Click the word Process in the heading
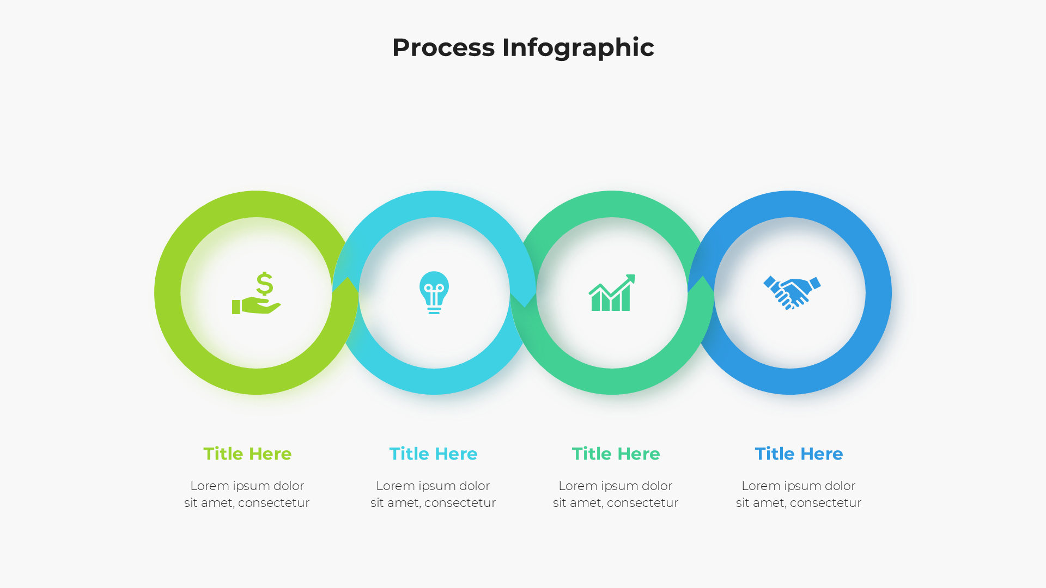pyautogui.click(x=443, y=48)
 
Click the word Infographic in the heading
pyautogui.click(x=577, y=48)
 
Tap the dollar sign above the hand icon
pyautogui.click(x=265, y=284)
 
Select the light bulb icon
pyautogui.click(x=434, y=292)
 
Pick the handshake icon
pyautogui.click(x=792, y=292)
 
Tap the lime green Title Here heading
pyautogui.click(x=247, y=454)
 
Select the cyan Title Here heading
pyautogui.click(x=433, y=454)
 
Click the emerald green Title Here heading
pyautogui.click(x=616, y=454)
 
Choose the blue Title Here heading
pyautogui.click(x=799, y=454)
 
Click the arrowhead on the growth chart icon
pyautogui.click(x=630, y=279)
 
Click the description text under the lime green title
pyautogui.click(x=247, y=494)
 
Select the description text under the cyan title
pyautogui.click(x=433, y=494)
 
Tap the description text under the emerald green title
pyautogui.click(x=616, y=494)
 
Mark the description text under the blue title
pyautogui.click(x=799, y=494)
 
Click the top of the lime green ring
pyautogui.click(x=256, y=204)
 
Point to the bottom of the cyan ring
pyautogui.click(x=434, y=381)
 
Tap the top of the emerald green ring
pyautogui.click(x=612, y=204)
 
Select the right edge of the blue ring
pyautogui.click(x=878, y=293)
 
